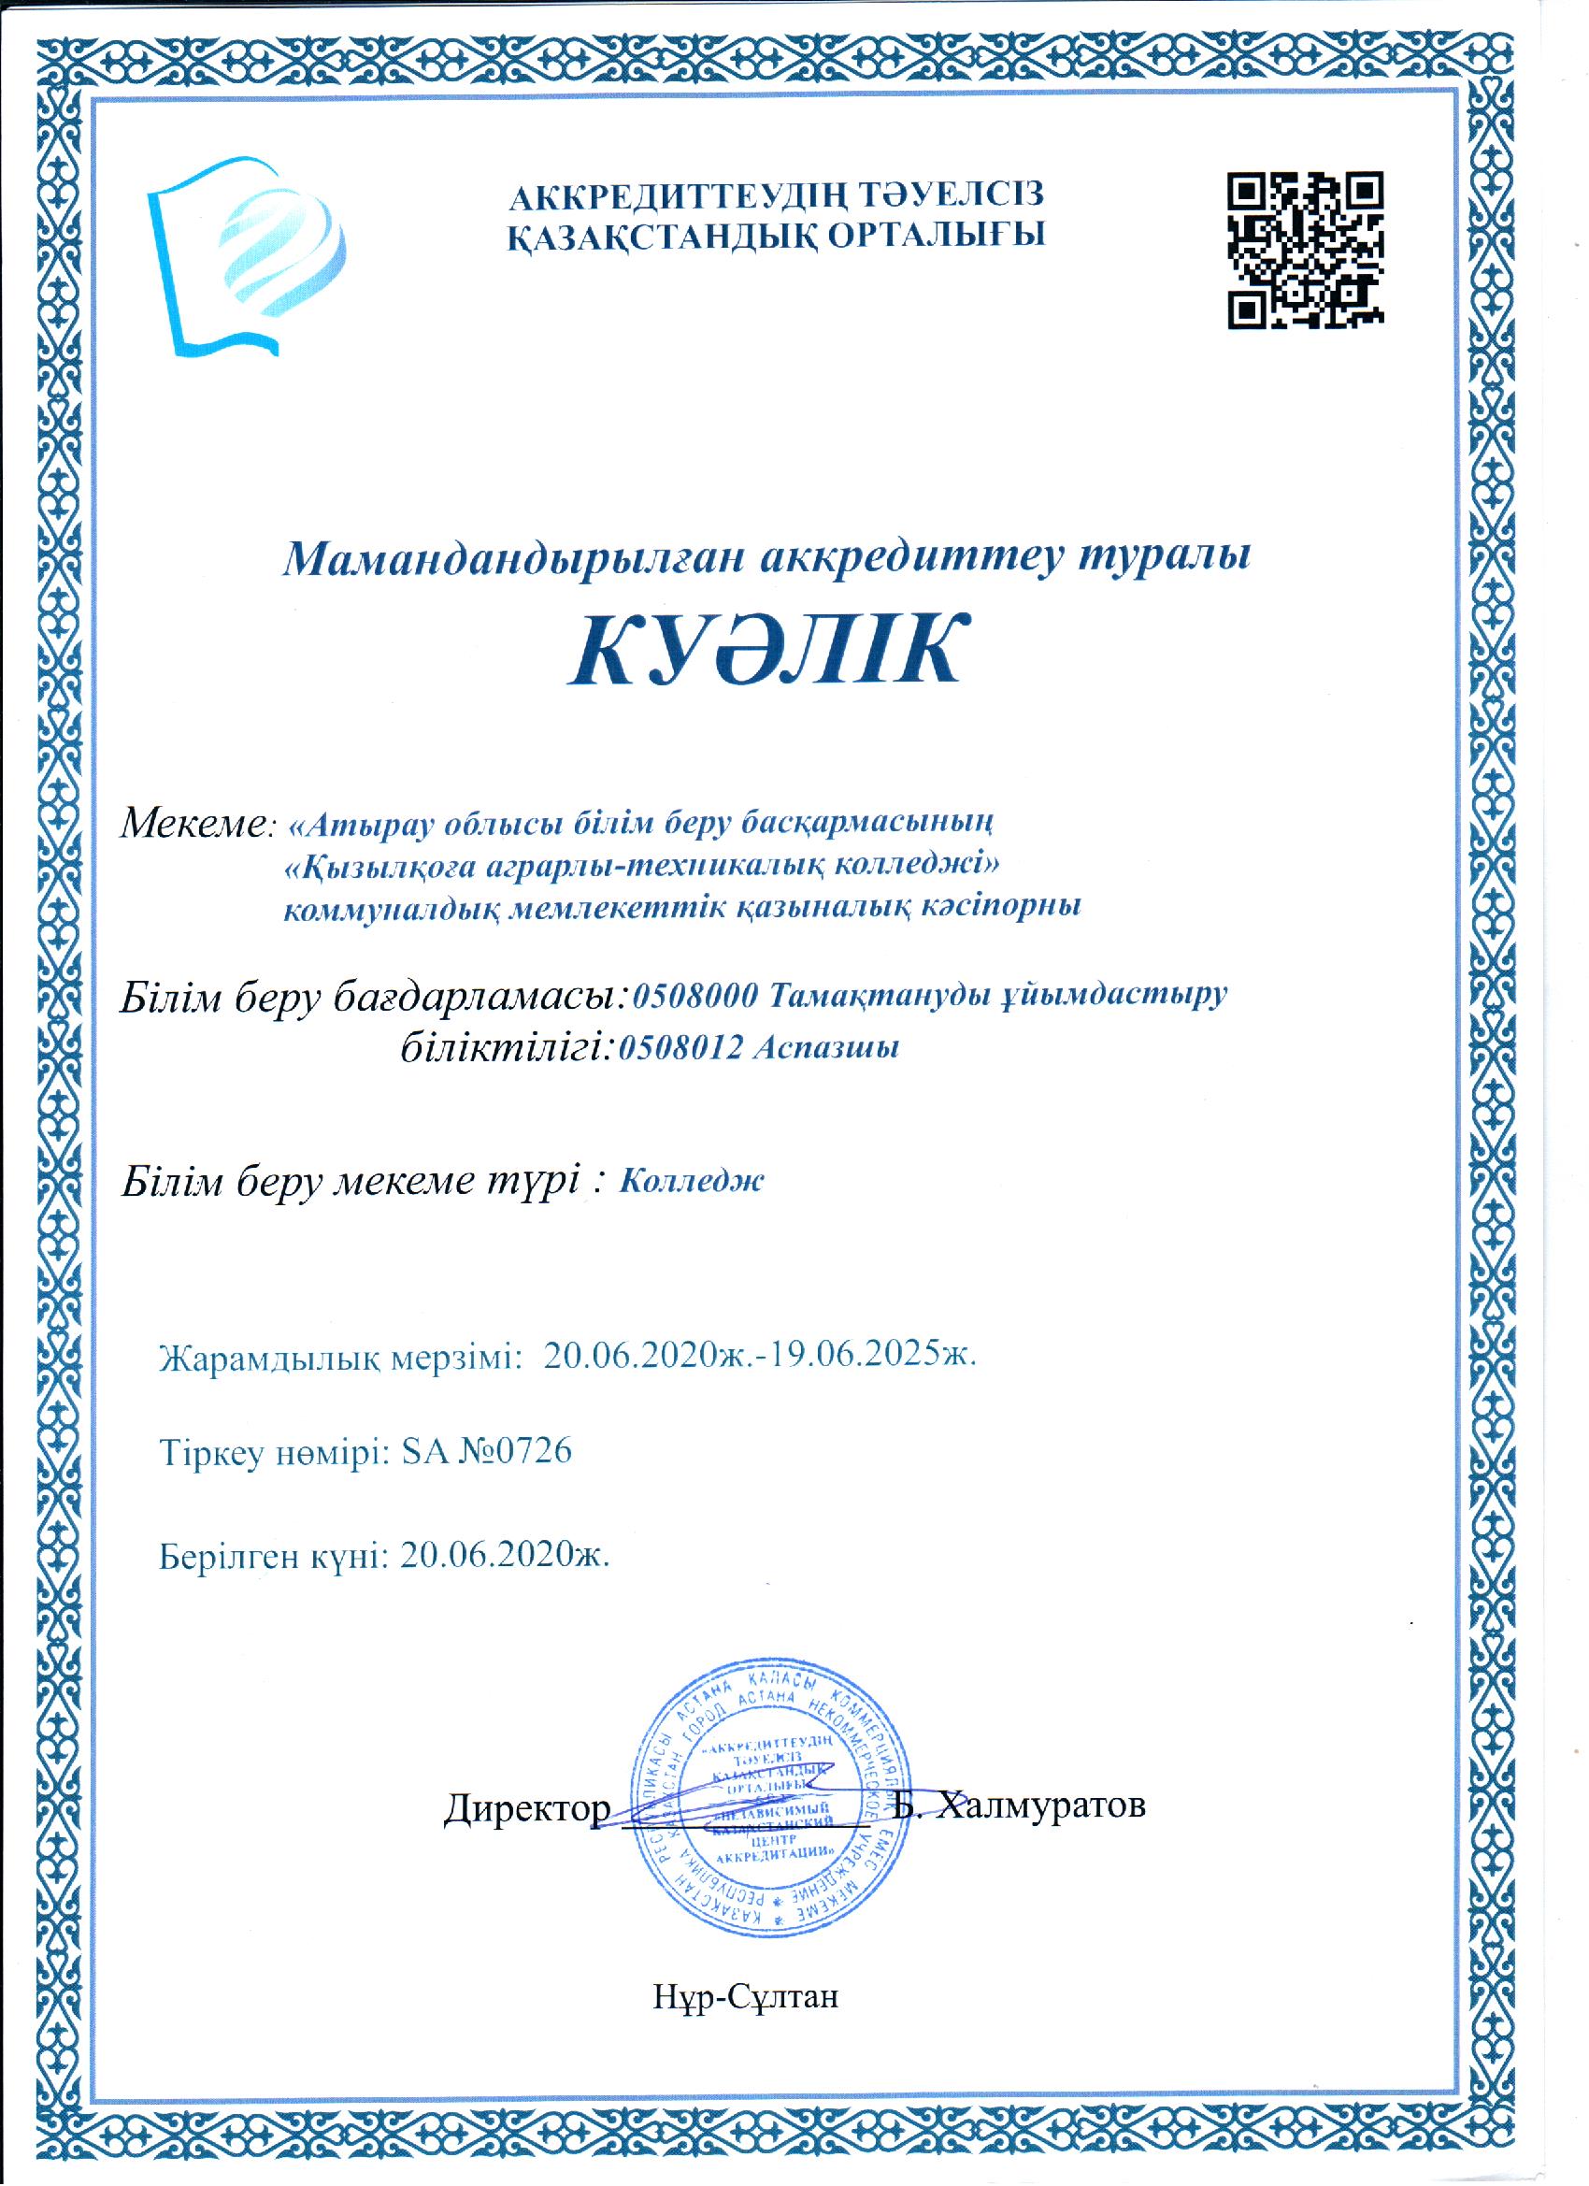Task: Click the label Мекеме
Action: click(193, 824)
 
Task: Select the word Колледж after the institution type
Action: click(691, 1182)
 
